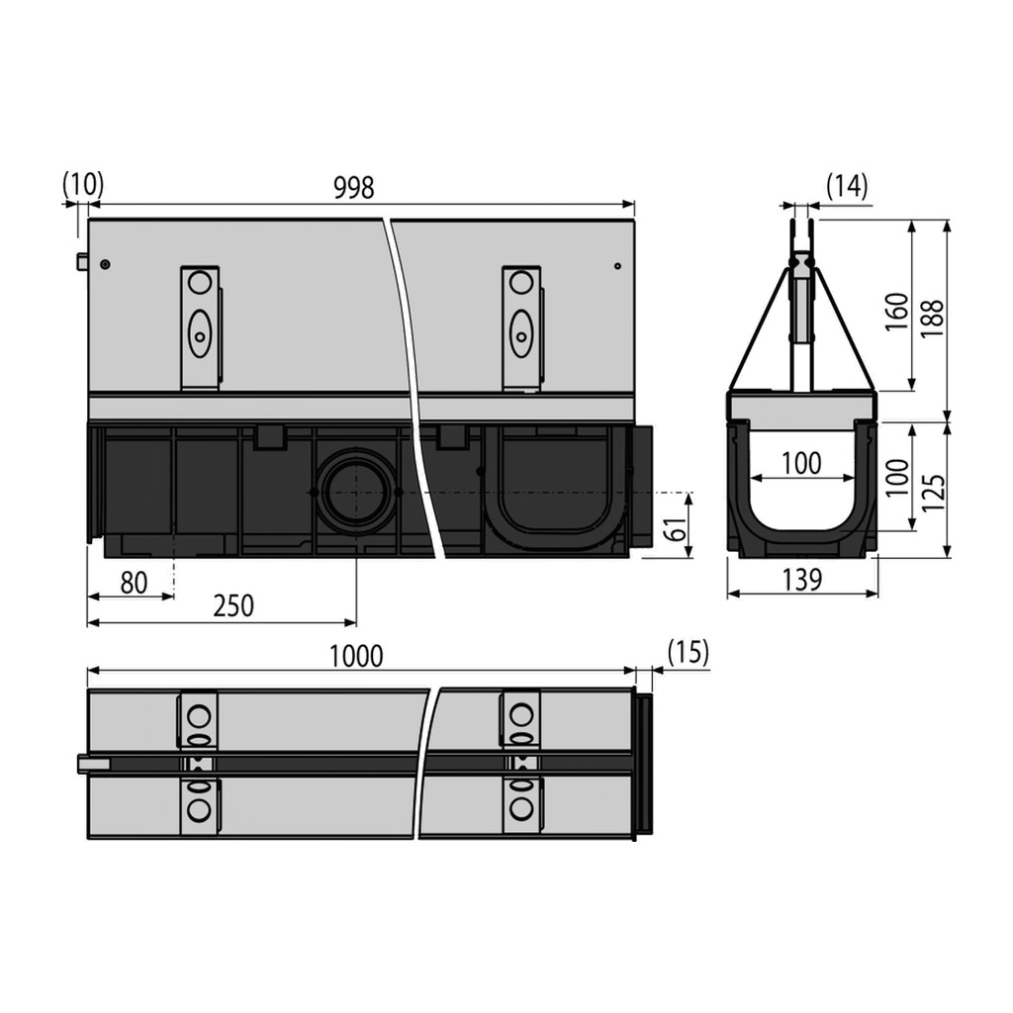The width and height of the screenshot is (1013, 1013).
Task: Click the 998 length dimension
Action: tap(353, 188)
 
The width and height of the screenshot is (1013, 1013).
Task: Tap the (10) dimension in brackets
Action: tap(83, 184)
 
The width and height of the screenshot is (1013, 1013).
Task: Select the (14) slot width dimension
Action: tap(847, 186)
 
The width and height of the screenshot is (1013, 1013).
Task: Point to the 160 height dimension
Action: tap(896, 312)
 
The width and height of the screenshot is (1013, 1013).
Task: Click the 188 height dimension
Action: tap(932, 319)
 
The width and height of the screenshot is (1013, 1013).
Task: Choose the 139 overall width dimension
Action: tap(801, 580)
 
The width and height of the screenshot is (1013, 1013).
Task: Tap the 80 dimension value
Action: tap(134, 583)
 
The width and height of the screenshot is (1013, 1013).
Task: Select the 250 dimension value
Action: tap(233, 606)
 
